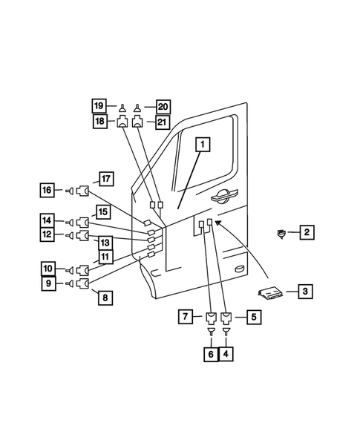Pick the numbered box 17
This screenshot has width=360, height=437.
click(x=105, y=178)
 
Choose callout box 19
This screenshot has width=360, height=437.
click(x=99, y=105)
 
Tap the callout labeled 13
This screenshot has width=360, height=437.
click(x=105, y=242)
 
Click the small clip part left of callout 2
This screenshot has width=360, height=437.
click(x=281, y=234)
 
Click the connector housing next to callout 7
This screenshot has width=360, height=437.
click(x=212, y=319)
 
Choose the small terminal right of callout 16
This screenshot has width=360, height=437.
click(x=68, y=191)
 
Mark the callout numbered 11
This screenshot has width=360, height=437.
click(x=105, y=257)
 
